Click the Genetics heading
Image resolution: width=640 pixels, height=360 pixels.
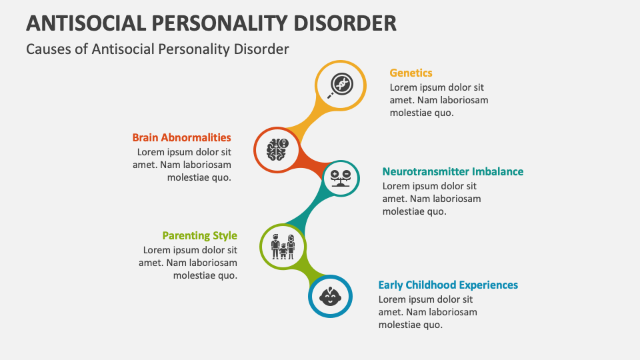coord(411,73)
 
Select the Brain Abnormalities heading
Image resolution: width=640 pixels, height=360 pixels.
coord(181,137)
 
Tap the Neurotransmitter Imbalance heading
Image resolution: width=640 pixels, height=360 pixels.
coord(453,171)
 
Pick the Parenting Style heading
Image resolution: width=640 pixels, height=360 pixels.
coord(199,235)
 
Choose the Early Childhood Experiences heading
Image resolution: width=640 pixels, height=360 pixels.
coord(448,285)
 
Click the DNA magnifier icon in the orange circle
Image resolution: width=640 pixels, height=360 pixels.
coord(341,85)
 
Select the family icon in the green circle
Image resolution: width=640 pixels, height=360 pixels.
coord(283,247)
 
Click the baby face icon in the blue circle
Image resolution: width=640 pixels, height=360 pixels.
coord(329,295)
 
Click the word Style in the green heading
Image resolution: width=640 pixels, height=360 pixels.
coord(225,235)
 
